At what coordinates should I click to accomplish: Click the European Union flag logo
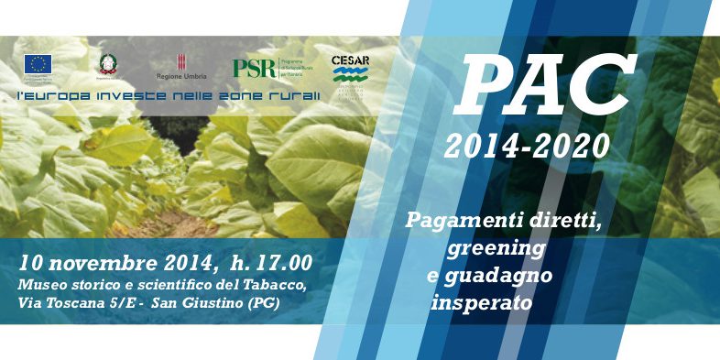(38, 64)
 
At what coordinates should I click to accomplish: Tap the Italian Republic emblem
(107, 64)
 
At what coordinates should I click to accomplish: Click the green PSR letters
(254, 68)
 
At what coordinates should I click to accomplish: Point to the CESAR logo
(350, 67)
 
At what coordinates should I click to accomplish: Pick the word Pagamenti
(455, 221)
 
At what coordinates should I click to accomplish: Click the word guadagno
(507, 274)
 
